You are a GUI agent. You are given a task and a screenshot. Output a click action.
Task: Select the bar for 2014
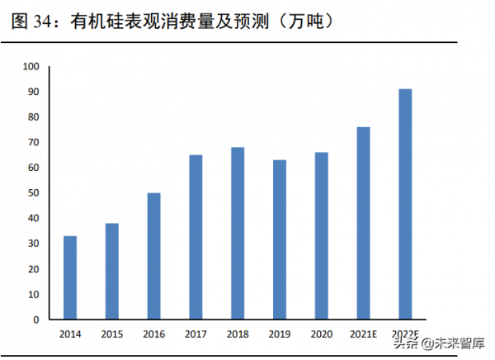tap(70, 277)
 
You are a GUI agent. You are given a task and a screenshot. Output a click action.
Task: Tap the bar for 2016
tap(154, 256)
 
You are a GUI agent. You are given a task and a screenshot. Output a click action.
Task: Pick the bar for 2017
tap(196, 237)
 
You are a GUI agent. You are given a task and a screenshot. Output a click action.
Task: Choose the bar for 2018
tap(238, 233)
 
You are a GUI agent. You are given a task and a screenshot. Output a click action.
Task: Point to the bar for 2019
tap(280, 239)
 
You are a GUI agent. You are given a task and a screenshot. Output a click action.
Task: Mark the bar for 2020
tap(322, 235)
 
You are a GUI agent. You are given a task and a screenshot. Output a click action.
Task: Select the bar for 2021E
tap(364, 223)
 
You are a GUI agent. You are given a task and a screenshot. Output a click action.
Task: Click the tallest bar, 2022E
tap(405, 204)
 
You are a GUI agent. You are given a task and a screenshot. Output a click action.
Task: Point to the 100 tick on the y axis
tap(31, 66)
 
